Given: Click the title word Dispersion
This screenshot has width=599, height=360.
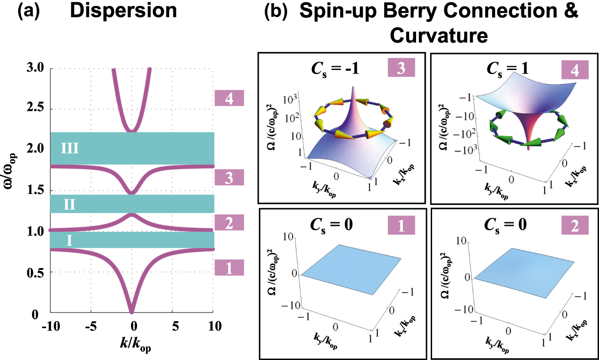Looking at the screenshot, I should coord(123,11).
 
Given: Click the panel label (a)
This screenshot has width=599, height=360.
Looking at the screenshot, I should coord(31,11).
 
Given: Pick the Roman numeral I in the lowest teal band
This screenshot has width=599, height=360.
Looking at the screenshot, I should coord(69,240).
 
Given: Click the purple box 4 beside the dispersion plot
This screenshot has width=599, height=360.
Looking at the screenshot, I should coord(229,98).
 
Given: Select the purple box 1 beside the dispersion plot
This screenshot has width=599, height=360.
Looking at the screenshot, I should coord(229,268).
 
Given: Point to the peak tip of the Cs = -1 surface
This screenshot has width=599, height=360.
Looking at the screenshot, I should coord(353,87).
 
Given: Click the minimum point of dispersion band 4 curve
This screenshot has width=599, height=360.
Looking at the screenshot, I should coord(132,131).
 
